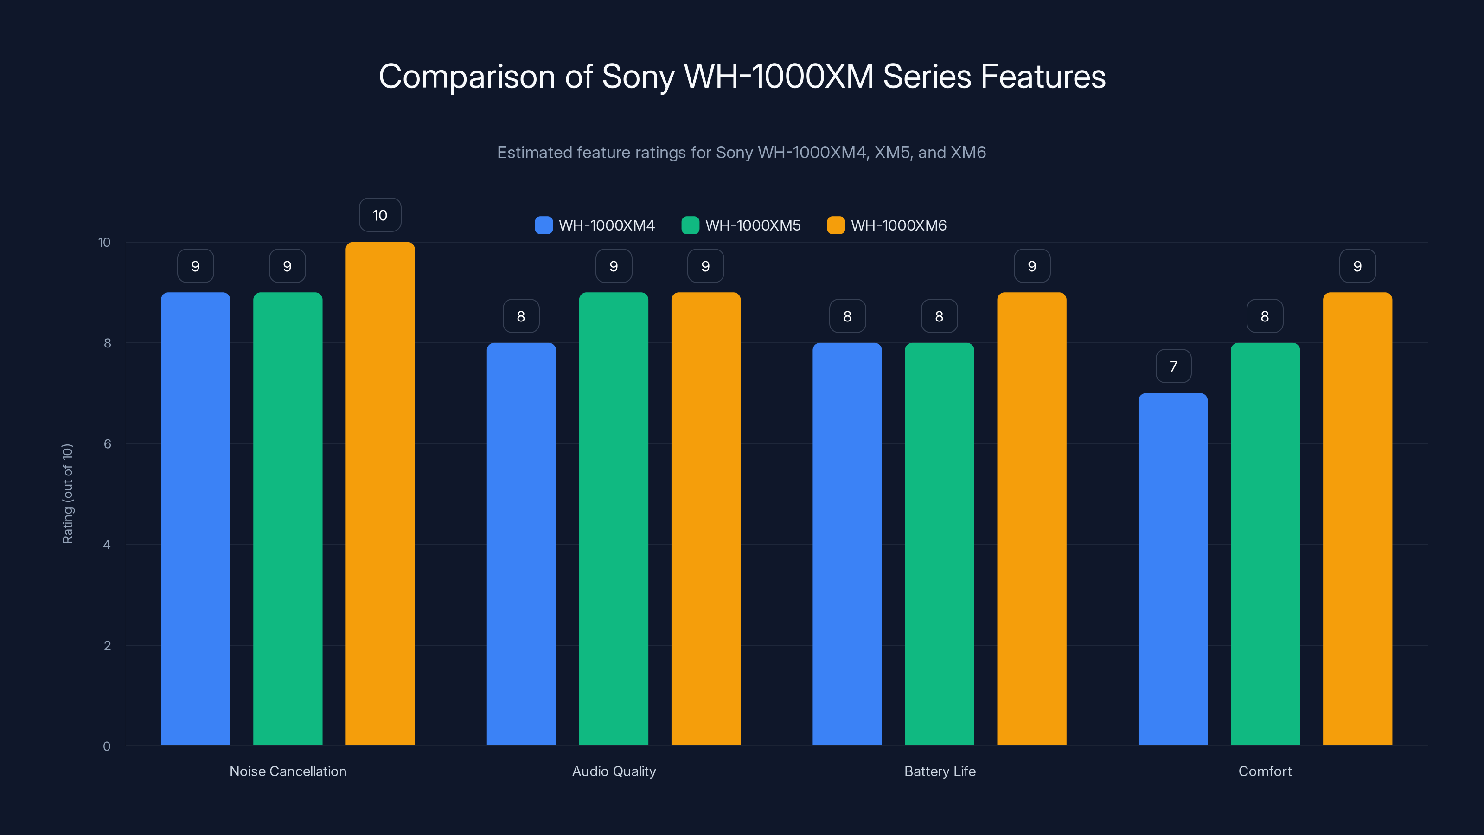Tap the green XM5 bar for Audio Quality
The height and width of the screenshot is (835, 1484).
[614, 519]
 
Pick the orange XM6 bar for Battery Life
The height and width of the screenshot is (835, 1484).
[1031, 519]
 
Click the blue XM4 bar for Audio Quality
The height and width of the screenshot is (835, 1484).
[521, 544]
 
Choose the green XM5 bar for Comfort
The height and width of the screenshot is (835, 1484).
[1265, 544]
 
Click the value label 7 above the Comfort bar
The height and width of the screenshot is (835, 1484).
[1173, 366]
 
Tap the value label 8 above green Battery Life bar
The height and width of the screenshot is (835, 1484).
[939, 316]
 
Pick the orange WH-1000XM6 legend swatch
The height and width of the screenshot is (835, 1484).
[835, 225]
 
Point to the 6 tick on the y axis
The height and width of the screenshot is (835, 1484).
[107, 444]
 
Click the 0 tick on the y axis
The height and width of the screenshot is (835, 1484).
[107, 746]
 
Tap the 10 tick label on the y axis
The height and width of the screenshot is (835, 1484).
[104, 243]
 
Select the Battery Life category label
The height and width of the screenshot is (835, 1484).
[940, 771]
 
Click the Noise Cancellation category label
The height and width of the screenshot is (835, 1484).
[288, 771]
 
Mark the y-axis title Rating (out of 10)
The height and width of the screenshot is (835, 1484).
[67, 493]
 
